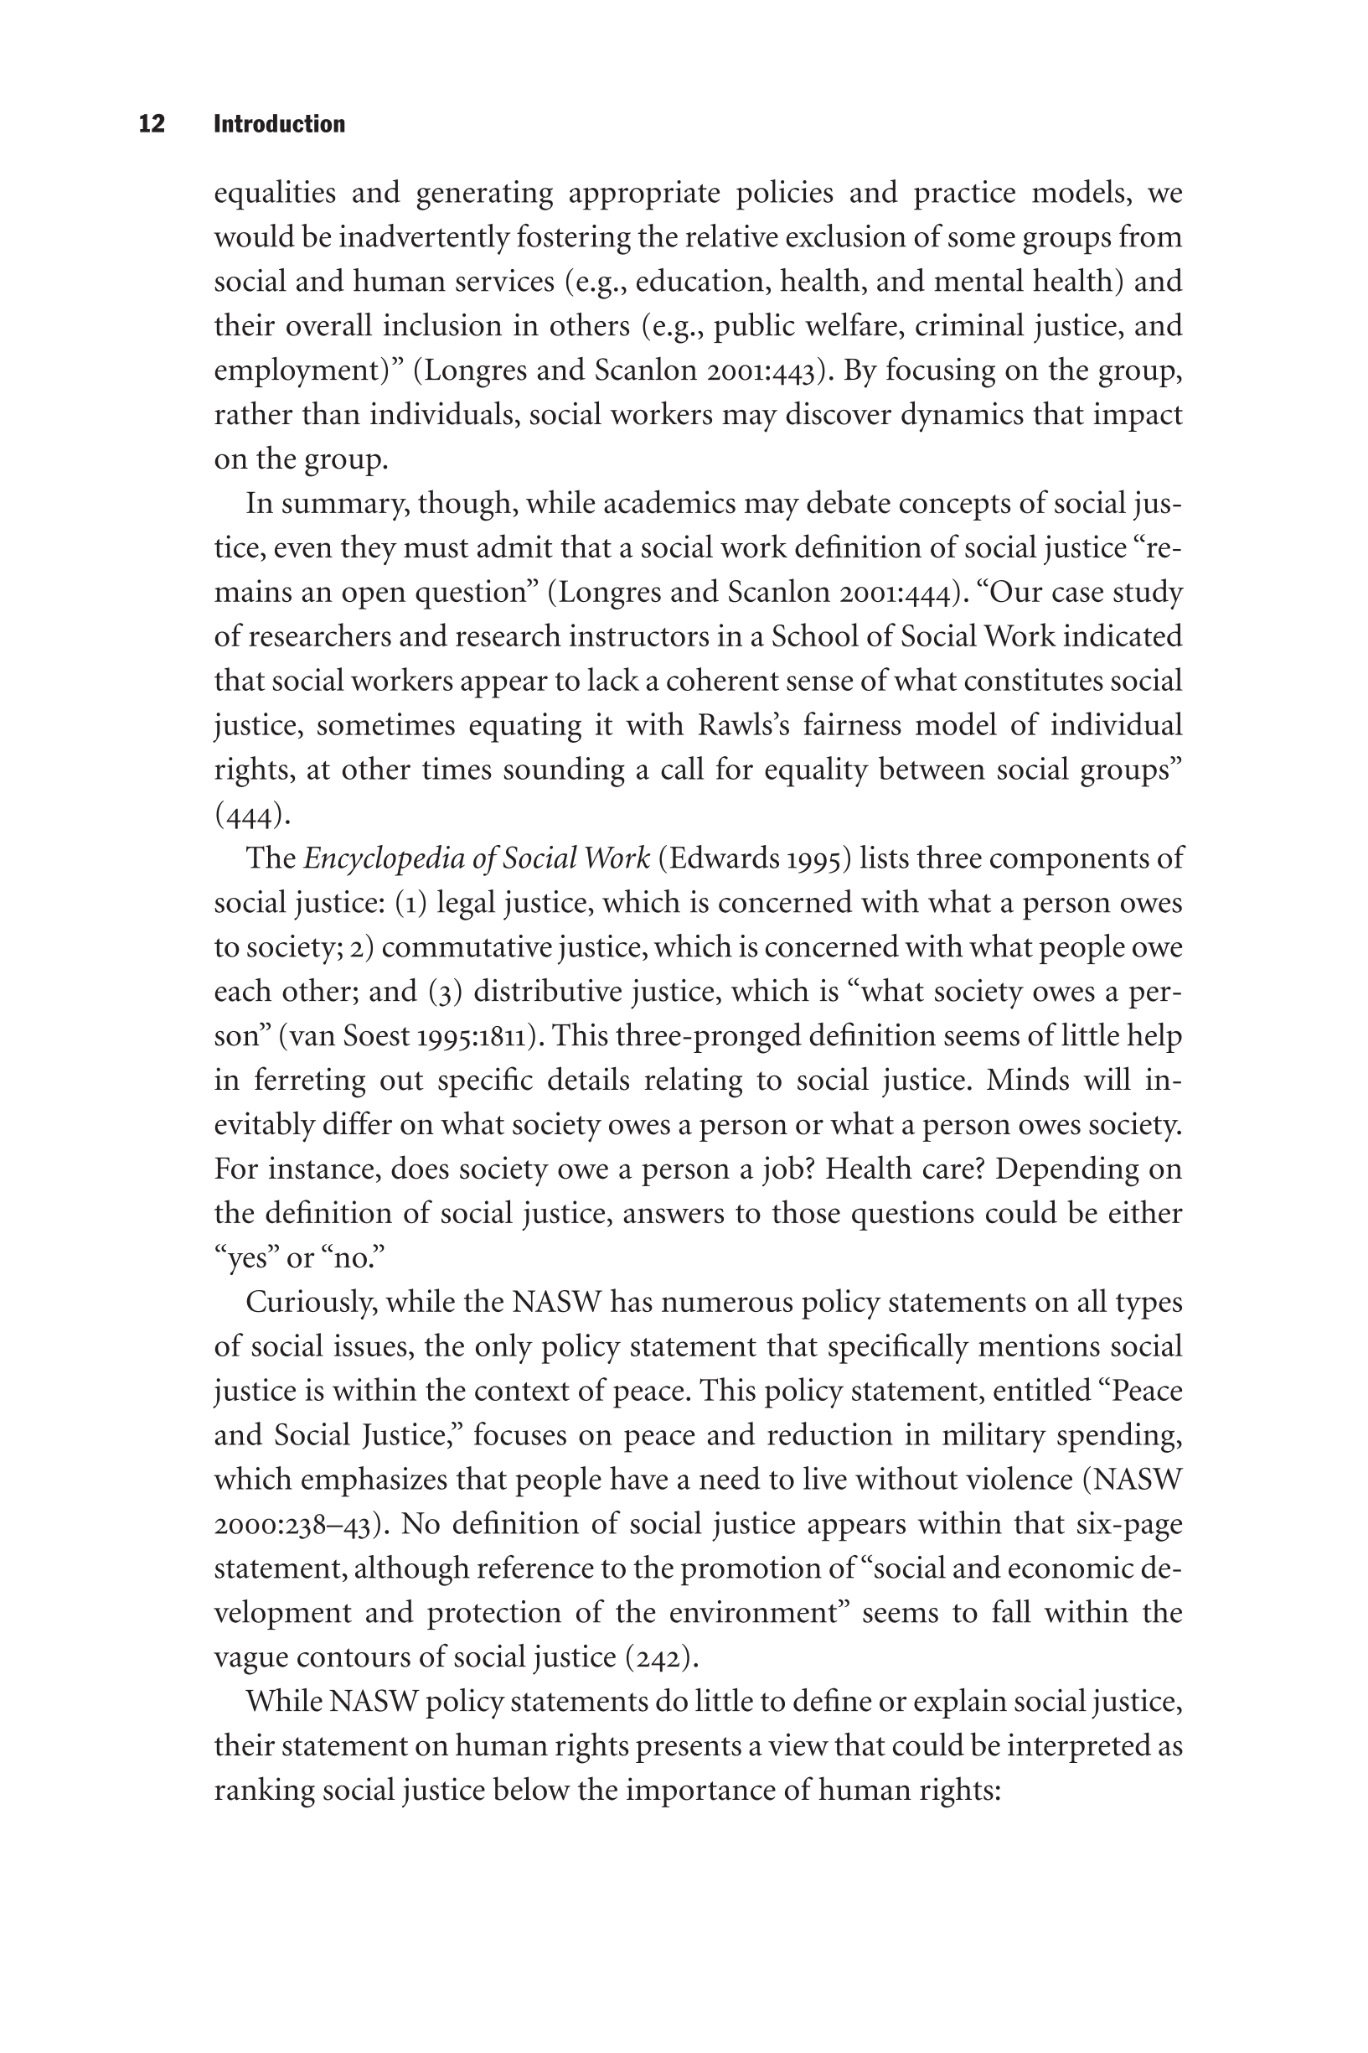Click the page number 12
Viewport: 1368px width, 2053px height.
click(152, 124)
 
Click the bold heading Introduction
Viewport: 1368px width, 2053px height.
click(279, 124)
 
